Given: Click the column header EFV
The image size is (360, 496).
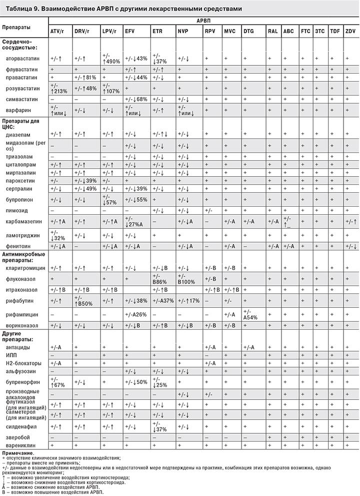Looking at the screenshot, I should tap(130, 32).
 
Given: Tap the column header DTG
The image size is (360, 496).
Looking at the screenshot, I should tap(248, 32).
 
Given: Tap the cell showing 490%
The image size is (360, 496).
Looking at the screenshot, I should tap(112, 61).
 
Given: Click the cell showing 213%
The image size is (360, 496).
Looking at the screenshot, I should tap(59, 92).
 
